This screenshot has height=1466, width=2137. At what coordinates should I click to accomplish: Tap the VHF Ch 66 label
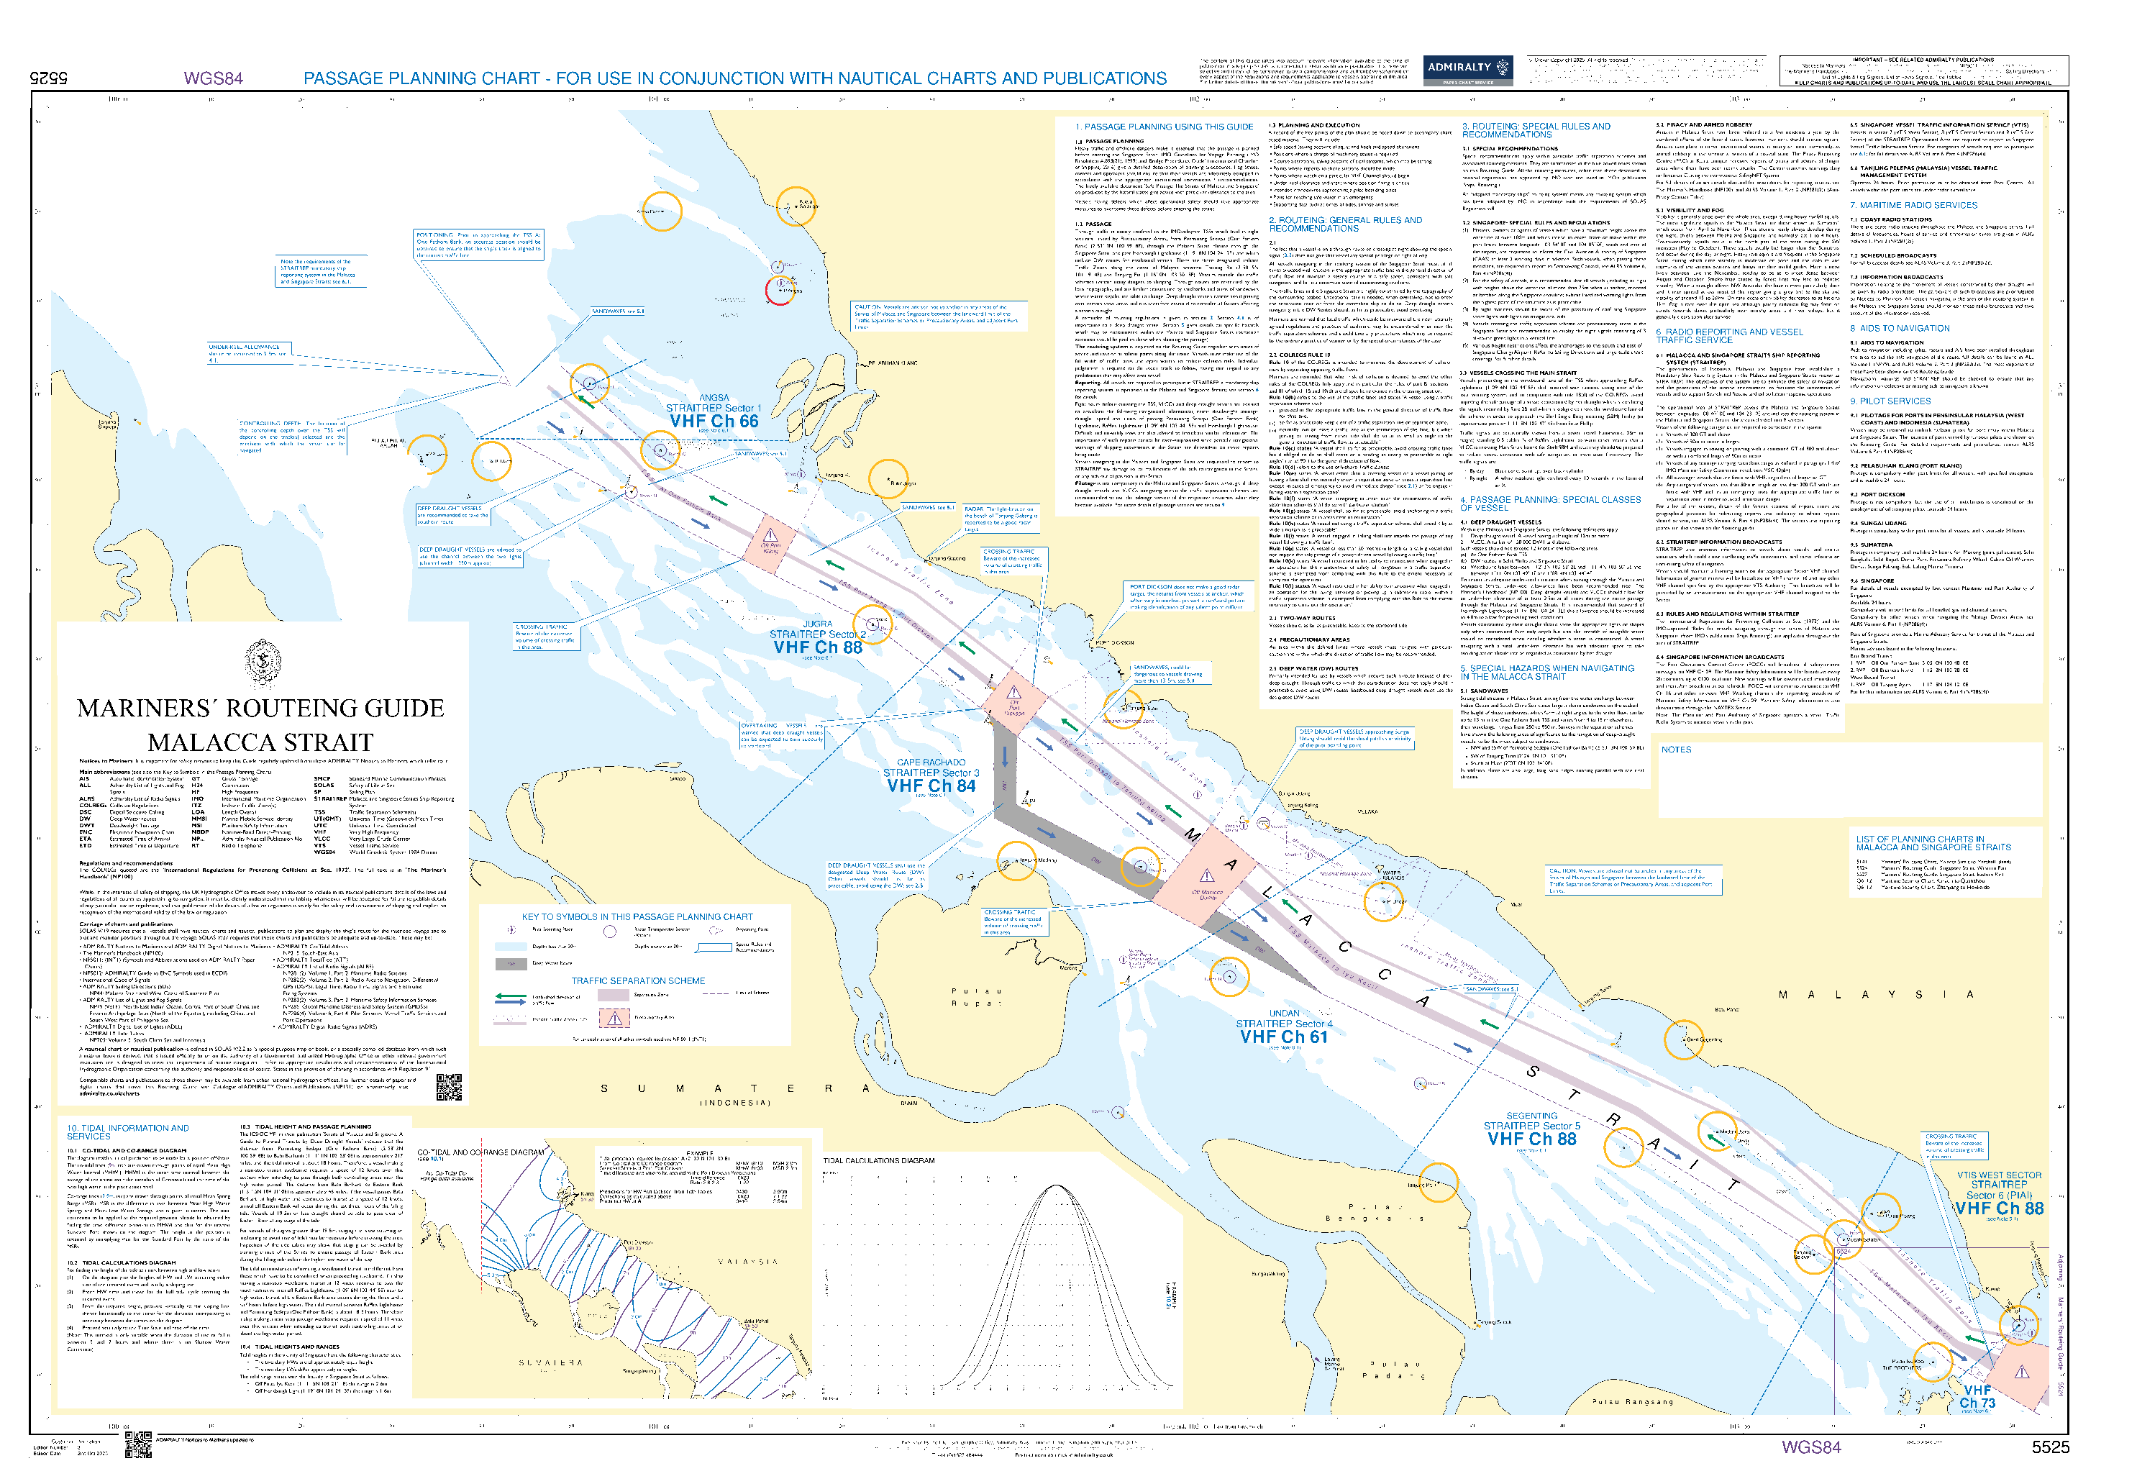[714, 422]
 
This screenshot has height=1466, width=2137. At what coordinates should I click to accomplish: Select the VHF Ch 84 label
[931, 786]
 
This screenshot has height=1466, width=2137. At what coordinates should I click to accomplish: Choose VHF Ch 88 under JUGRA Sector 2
[817, 647]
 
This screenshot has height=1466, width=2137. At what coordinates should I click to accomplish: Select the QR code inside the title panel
[448, 1086]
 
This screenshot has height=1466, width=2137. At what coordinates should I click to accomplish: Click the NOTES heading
[1675, 750]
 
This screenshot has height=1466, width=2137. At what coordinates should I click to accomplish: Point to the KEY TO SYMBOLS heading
[637, 917]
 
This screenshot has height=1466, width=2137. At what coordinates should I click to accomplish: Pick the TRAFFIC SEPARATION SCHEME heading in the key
[638, 981]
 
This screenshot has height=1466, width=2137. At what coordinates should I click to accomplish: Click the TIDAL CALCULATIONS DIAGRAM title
[878, 1161]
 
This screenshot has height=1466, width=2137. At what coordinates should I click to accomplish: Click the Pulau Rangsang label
[1632, 1402]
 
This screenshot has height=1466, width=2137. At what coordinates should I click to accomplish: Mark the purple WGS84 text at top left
[214, 79]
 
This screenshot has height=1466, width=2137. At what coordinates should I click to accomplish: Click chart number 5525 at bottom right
[2050, 1447]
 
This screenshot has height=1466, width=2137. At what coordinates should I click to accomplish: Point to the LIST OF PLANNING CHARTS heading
[1933, 842]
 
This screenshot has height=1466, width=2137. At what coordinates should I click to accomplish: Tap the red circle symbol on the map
[780, 291]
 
